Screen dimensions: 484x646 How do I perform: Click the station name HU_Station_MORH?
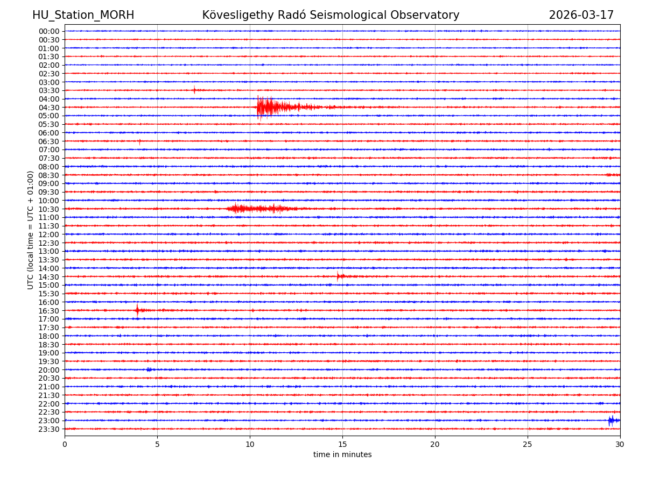(x=83, y=15)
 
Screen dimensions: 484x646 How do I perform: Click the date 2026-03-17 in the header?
(x=581, y=15)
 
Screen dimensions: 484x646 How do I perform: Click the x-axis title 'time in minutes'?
(x=342, y=455)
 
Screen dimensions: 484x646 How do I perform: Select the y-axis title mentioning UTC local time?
(x=31, y=230)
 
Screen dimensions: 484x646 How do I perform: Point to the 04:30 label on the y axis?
(x=49, y=108)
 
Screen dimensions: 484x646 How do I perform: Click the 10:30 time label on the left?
(x=49, y=209)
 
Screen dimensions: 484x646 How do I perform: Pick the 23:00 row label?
(x=49, y=421)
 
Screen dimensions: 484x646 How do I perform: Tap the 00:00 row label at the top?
(x=49, y=31)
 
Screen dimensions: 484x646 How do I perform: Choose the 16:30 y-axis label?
(x=49, y=311)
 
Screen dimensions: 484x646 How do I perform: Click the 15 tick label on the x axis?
(x=342, y=445)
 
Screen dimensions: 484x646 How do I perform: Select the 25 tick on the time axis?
(x=528, y=445)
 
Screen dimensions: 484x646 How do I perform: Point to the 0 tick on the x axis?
(x=65, y=445)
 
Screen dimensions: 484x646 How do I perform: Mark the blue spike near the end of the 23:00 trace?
(x=610, y=421)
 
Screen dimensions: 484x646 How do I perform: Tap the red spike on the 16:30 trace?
(x=137, y=310)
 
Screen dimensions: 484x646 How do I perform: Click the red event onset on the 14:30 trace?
(x=338, y=276)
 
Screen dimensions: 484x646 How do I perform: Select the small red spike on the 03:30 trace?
(x=194, y=90)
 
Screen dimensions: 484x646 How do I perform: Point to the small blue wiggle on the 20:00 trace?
(x=149, y=369)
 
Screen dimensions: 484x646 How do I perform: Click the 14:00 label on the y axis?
(x=49, y=268)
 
